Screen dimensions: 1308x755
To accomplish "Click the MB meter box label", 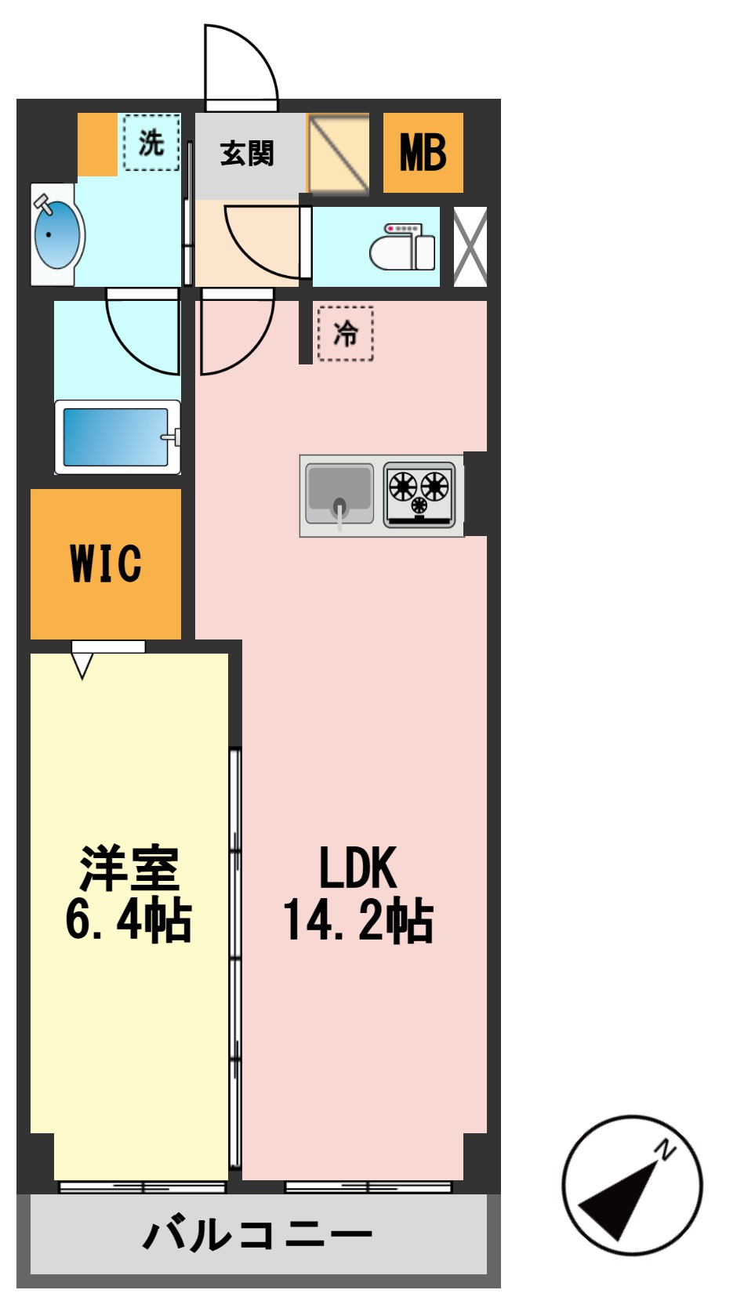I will coord(423,153).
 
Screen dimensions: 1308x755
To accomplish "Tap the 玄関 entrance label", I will coord(247,154).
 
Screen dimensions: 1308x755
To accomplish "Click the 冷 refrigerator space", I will coord(345,334).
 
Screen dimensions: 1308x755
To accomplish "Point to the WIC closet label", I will coord(106,563).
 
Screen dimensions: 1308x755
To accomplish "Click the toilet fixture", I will coord(402,248).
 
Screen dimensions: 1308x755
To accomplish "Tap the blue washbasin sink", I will coord(56,234).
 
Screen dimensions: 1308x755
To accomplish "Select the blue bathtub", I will coord(117,437).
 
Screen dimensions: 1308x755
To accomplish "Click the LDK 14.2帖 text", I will coord(358,893).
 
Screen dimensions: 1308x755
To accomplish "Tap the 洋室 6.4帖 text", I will coord(129,893).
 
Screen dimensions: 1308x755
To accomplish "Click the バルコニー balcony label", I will coord(257,1235).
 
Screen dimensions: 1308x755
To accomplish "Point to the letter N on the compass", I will coord(665,1150).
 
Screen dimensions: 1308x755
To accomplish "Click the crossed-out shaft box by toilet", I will coord(470,246).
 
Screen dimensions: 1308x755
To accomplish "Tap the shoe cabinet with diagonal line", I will coord(338,154).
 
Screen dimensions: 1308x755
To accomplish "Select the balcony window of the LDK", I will coord(368,1187).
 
